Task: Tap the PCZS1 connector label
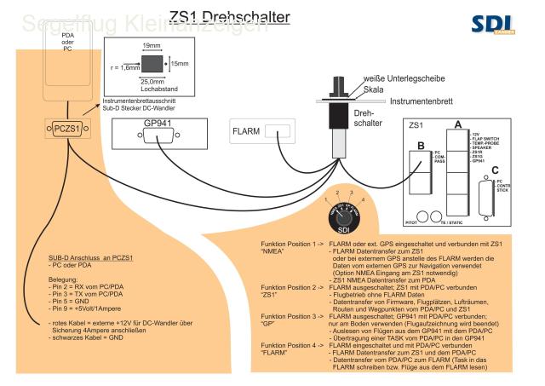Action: [67, 129]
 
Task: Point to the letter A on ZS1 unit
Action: [458, 125]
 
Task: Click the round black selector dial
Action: [341, 207]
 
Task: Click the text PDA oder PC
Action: [66, 40]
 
